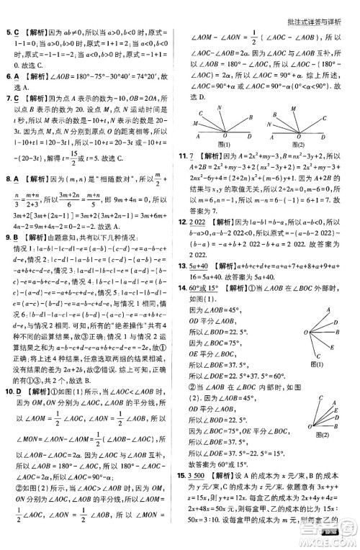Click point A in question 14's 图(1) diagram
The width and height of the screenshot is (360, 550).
point(328,308)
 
